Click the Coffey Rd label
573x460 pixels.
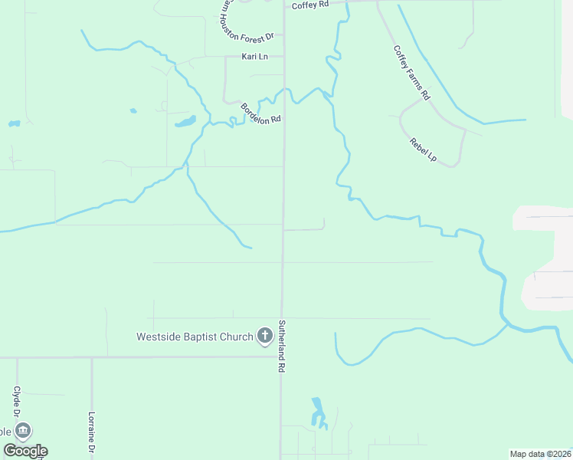[x=310, y=5]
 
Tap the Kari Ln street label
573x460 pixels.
[x=254, y=57]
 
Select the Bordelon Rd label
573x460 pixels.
[x=261, y=114]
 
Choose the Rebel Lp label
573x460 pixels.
[x=423, y=149]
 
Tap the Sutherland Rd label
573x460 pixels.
[x=281, y=346]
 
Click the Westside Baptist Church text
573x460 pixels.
[x=194, y=336]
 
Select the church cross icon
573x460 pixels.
[x=264, y=335]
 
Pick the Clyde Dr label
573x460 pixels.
[x=16, y=399]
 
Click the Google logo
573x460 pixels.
[x=25, y=451]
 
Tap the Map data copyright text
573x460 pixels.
[x=540, y=454]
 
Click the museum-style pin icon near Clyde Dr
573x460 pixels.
[x=24, y=431]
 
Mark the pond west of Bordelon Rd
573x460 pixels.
[x=185, y=121]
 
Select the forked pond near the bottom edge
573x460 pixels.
[x=317, y=414]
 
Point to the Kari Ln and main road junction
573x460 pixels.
[x=284, y=56]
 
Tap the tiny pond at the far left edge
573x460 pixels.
[x=13, y=123]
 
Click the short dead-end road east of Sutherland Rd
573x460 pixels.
[x=305, y=228]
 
